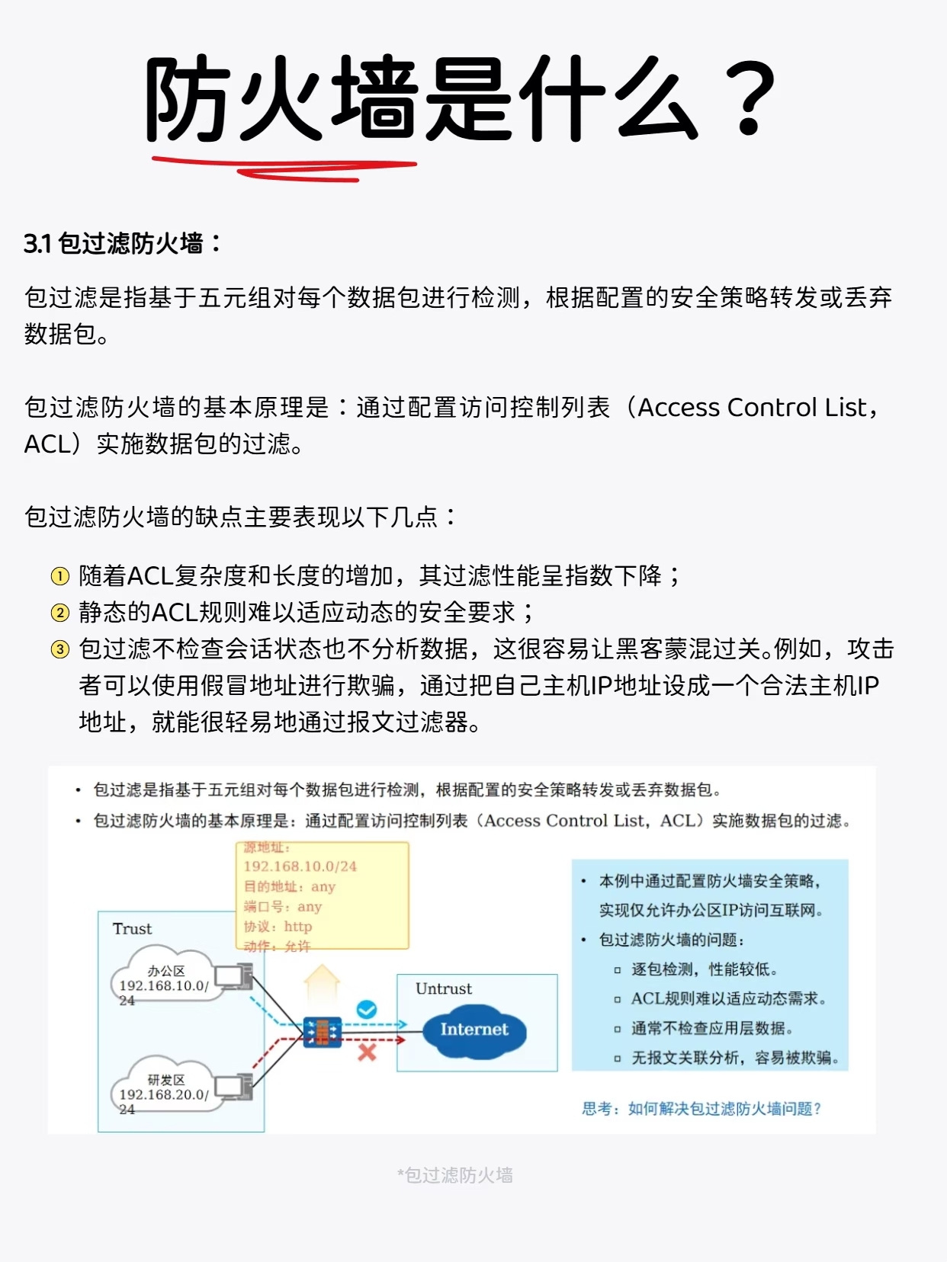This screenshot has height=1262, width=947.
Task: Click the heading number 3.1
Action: tap(37, 244)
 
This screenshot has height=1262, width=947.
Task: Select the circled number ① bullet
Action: tap(59, 576)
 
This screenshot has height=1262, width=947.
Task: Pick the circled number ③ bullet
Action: tap(59, 649)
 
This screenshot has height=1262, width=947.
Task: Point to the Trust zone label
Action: tap(132, 928)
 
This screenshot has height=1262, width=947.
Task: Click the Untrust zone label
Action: tap(443, 988)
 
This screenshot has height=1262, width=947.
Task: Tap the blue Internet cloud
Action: tap(474, 1030)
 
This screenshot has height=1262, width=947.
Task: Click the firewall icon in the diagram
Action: tap(322, 1033)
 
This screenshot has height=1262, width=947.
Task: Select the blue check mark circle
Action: tap(367, 1010)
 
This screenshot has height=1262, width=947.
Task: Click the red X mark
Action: tap(367, 1052)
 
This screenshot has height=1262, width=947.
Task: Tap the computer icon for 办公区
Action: tap(233, 976)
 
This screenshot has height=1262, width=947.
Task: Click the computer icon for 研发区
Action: tap(233, 1085)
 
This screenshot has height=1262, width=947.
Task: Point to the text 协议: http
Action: tap(278, 927)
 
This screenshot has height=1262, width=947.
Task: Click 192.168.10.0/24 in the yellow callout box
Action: tap(300, 866)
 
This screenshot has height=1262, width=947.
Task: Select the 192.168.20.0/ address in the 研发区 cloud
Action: tap(163, 1094)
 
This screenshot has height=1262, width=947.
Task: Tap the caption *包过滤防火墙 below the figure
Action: tap(455, 1175)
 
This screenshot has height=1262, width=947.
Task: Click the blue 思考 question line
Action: tap(701, 1109)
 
